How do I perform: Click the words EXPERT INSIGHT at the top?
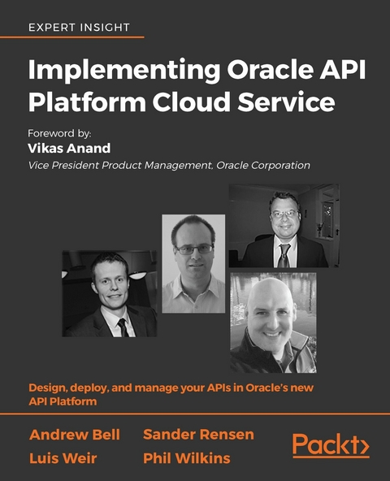coord(79,27)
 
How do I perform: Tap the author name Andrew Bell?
coord(74,435)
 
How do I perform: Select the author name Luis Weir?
coord(64,458)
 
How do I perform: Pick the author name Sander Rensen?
coord(198,435)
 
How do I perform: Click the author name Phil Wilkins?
coord(186,458)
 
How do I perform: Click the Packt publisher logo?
coord(331,446)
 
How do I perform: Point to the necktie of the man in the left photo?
coord(122,326)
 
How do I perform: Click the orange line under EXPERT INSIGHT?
coord(85,37)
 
